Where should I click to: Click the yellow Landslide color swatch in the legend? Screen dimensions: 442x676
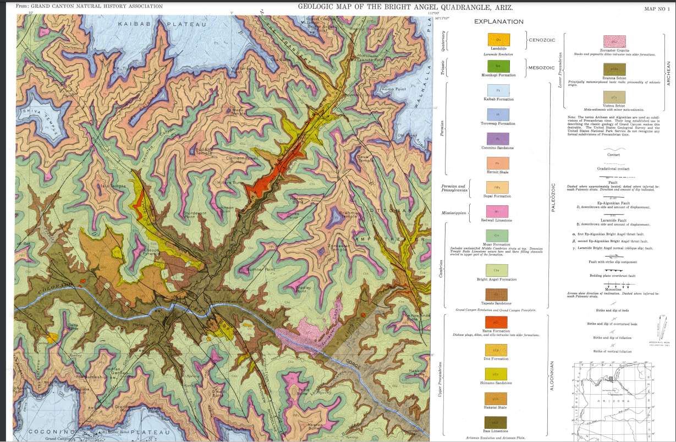498,40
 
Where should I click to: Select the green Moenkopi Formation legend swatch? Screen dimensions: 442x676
498,66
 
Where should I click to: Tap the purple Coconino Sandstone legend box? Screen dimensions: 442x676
498,139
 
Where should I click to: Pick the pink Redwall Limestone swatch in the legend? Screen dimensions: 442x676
498,211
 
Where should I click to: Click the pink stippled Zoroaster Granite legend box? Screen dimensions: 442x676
614,41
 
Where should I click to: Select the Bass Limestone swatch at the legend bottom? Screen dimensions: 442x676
498,422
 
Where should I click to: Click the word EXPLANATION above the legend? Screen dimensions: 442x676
498,22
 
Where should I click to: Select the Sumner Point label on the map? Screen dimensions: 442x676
261,270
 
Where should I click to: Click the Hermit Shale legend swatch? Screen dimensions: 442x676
498,163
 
